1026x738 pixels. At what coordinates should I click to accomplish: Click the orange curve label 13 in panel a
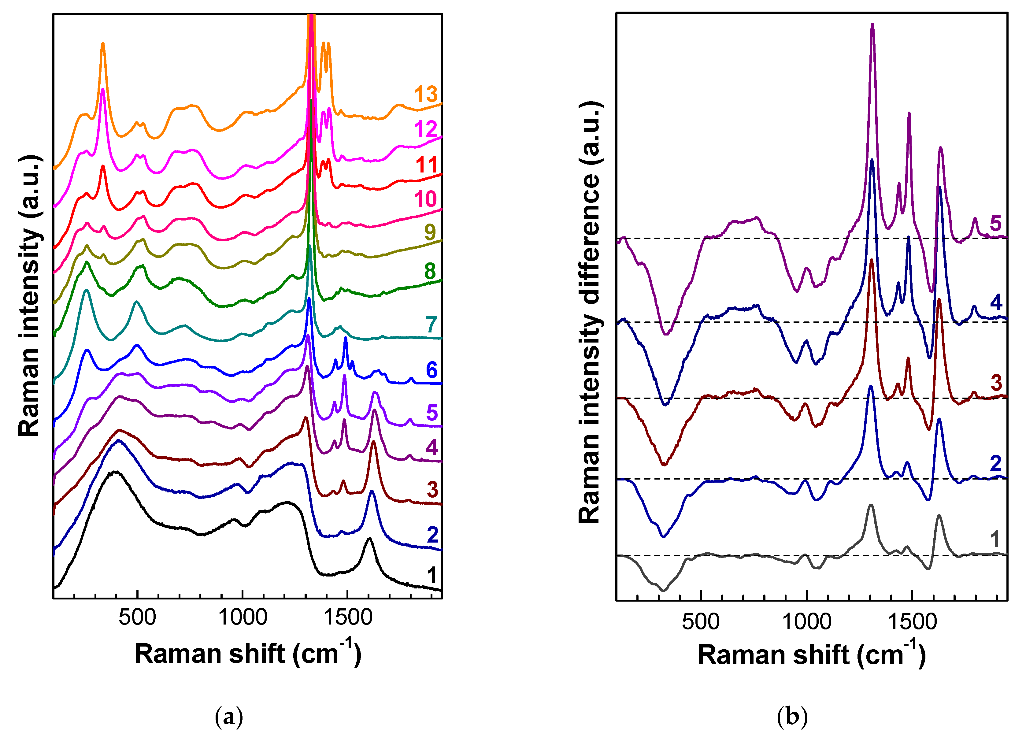[x=426, y=94]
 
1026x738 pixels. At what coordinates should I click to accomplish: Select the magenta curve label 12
[x=425, y=129]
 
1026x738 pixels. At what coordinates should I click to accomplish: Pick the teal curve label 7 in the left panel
[x=431, y=324]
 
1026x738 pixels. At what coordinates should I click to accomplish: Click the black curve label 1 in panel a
[x=432, y=575]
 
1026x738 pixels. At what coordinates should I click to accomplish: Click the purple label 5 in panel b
[x=995, y=223]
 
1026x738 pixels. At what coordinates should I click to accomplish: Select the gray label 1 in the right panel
[x=995, y=539]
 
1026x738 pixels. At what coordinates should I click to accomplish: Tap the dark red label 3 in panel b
[x=996, y=382]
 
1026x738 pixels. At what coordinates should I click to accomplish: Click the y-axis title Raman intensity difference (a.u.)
[x=589, y=312]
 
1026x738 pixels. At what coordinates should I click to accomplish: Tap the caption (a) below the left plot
[x=229, y=717]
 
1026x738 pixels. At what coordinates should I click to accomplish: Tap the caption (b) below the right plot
[x=792, y=717]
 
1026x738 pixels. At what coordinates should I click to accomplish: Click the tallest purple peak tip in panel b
[x=872, y=25]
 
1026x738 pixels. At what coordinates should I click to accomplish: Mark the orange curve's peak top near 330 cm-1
[x=103, y=43]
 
